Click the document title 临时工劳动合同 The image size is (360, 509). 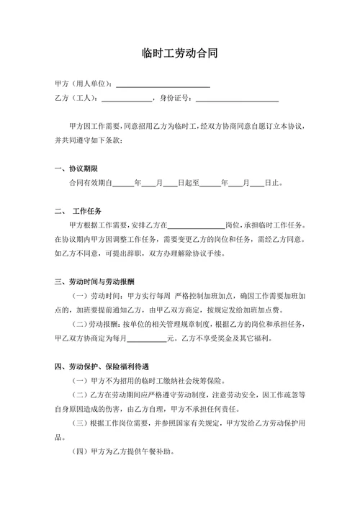pyautogui.click(x=179, y=53)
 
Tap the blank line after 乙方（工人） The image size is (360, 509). pyautogui.click(x=127, y=99)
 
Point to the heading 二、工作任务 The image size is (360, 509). pyautogui.click(x=81, y=211)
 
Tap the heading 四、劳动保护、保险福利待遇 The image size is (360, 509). pyautogui.click(x=106, y=366)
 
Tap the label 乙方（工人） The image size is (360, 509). pyautogui.click(x=76, y=99)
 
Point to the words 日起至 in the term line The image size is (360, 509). pyautogui.click(x=188, y=184)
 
